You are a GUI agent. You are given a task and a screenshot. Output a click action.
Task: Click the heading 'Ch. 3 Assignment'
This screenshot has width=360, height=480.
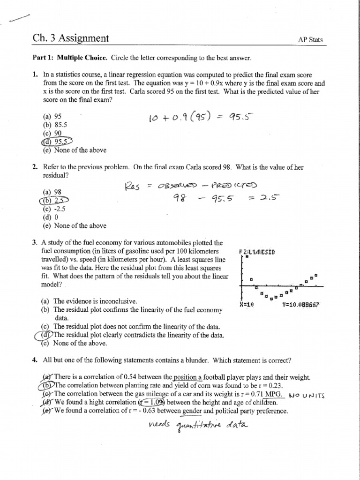pos(70,38)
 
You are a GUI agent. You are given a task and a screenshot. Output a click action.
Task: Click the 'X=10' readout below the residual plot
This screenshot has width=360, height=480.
pos(246,305)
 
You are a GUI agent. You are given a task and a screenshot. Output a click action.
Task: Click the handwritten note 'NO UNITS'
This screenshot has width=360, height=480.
pos(307,395)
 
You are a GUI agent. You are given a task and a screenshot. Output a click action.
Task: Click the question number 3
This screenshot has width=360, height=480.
pos(34,242)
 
